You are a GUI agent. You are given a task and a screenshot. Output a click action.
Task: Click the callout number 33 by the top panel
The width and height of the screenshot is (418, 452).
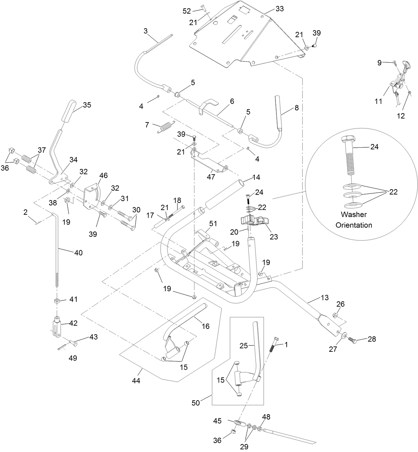pos(280,9)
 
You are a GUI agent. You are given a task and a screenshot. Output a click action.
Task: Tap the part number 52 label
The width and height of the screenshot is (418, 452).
pos(187,11)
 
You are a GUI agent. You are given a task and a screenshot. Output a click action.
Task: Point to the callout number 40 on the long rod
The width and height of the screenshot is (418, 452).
pos(78,253)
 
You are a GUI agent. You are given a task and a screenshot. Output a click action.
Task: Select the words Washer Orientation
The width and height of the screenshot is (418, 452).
pos(354,220)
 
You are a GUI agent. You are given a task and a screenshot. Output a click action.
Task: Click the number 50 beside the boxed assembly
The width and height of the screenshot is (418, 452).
pos(196,403)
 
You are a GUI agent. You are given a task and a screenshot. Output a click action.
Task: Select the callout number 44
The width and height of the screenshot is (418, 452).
pos(136,381)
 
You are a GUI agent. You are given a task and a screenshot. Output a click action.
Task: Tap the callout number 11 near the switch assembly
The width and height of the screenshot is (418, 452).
pos(378,102)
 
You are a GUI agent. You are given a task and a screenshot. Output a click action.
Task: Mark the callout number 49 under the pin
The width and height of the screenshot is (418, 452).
pos(72,358)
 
